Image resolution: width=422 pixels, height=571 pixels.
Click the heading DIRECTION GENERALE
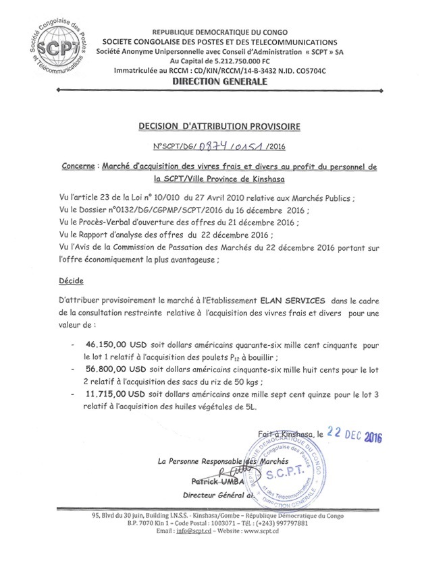(x=210, y=81)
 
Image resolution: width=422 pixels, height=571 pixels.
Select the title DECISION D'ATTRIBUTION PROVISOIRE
(x=211, y=126)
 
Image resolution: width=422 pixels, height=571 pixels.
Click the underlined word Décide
(x=70, y=280)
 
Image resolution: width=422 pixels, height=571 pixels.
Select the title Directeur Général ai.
(x=215, y=494)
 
